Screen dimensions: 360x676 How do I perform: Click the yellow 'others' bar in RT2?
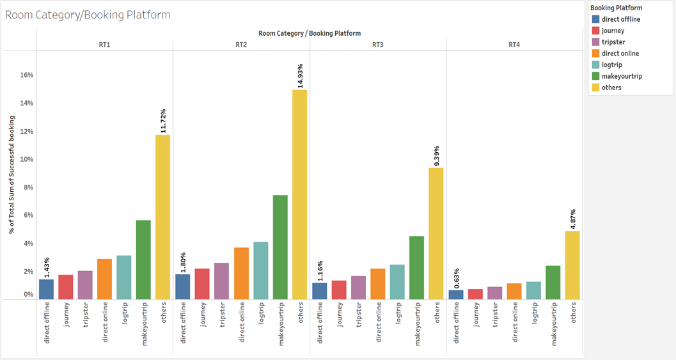coord(299,194)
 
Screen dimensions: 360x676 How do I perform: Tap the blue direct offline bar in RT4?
coord(456,295)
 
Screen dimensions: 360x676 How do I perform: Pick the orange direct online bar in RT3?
coord(378,284)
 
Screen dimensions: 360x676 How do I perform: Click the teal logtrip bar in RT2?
coord(261,270)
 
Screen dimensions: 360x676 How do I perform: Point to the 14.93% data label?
coord(300,74)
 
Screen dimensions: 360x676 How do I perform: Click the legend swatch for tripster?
coord(595,42)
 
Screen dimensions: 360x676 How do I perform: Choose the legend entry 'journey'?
coord(613,31)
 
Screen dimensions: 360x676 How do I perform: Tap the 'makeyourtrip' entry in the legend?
coord(622,77)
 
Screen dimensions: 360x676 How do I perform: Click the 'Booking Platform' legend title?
coord(616,8)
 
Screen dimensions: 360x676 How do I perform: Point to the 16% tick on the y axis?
coord(26,75)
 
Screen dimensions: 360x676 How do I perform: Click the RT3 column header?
coord(378,44)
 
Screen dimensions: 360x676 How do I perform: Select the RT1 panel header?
coord(104,44)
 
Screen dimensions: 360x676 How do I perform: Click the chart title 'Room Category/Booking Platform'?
coord(88,15)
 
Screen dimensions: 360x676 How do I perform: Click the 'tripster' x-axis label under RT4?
coord(495,316)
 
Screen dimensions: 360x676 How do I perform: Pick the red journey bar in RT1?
coord(65,287)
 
